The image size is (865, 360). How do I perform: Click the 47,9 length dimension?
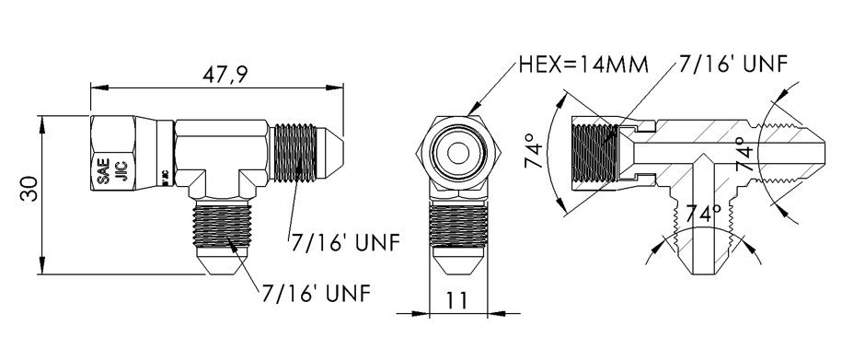pos(225,75)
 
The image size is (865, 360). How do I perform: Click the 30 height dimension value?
pos(29,189)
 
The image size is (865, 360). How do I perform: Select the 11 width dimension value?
pos(457,300)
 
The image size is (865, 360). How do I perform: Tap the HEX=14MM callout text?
pos(583,65)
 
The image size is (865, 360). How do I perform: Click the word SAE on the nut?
pos(103,172)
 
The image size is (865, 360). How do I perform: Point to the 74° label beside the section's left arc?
pos(534,150)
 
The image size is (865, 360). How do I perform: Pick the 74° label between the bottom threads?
pos(703,213)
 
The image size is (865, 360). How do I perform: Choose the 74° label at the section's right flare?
pos(744,153)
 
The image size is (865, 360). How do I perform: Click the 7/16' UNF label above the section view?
pos(733,64)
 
